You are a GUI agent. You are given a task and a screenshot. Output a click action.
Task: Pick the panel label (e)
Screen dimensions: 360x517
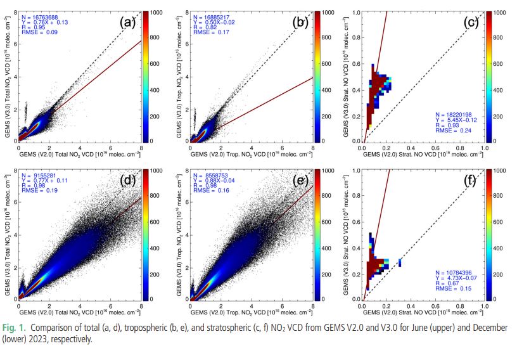click(300, 181)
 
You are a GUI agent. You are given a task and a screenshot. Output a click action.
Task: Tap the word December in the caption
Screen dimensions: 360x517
click(486, 328)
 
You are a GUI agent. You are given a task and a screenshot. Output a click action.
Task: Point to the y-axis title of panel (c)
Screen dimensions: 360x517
click(347, 76)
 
